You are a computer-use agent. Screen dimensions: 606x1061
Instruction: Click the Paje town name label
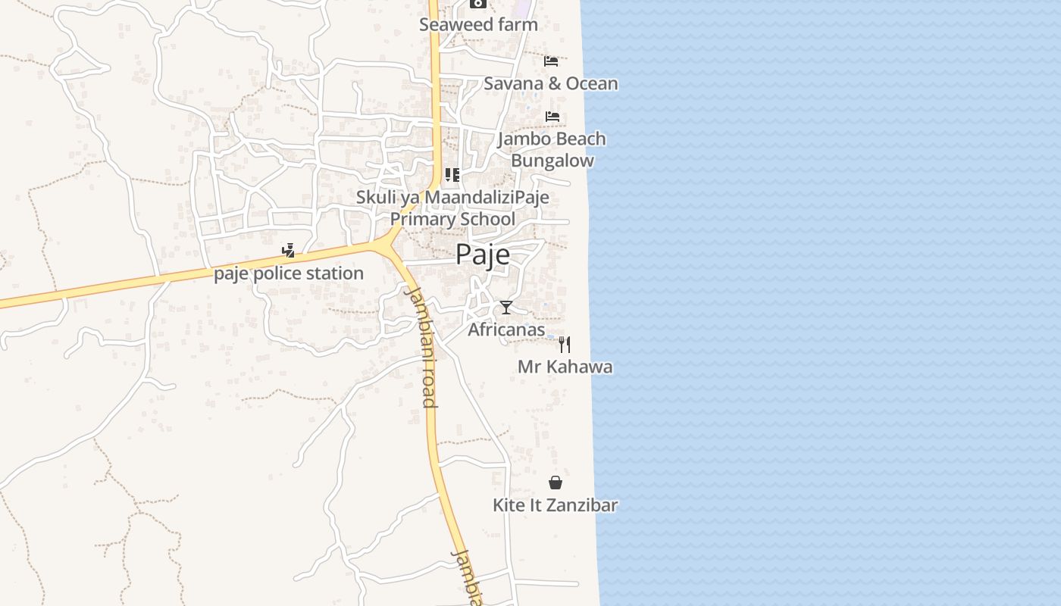click(x=483, y=255)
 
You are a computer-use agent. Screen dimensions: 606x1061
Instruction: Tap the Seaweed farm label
click(x=478, y=24)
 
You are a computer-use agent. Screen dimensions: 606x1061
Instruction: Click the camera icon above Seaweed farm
click(x=477, y=3)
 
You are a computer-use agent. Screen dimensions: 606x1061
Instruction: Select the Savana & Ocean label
click(x=550, y=83)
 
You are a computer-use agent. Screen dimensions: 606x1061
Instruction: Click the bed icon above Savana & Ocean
click(x=551, y=61)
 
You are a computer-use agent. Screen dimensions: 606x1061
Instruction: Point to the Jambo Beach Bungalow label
click(x=552, y=149)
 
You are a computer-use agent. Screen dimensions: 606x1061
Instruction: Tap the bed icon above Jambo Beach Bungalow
click(x=552, y=117)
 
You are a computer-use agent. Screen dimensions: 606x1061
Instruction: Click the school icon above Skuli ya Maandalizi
click(x=452, y=176)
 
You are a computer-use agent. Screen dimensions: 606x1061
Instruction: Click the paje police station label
click(x=289, y=273)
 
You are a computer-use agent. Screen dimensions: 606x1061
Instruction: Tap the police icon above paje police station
click(x=288, y=251)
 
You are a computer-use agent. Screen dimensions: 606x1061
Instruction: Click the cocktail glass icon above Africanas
click(x=506, y=307)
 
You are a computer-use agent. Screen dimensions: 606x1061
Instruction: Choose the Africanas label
click(x=506, y=330)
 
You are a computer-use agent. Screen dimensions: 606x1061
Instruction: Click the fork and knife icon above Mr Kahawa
click(x=565, y=345)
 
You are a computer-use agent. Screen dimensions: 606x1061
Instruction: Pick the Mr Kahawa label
click(x=565, y=367)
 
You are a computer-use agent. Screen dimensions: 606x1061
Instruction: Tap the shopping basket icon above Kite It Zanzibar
click(x=556, y=483)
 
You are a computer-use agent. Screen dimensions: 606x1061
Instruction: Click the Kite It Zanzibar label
click(x=556, y=505)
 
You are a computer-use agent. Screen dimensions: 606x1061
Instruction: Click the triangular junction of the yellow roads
click(x=389, y=245)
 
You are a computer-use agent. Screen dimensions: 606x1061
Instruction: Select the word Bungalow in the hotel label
click(x=552, y=161)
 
